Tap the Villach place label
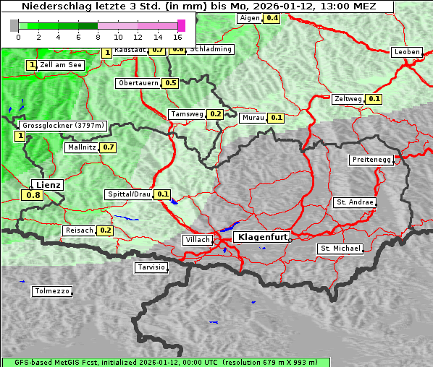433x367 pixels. tap(197, 239)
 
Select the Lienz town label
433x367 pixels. tap(48, 185)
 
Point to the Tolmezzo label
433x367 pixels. tap(52, 292)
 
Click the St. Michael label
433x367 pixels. tap(340, 249)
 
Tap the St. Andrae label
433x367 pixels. tap(354, 202)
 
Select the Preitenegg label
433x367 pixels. tap(371, 160)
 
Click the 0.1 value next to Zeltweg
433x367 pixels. tap(374, 99)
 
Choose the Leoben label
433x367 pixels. tap(406, 52)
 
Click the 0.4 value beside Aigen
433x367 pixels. tap(272, 17)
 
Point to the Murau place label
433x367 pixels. tap(253, 117)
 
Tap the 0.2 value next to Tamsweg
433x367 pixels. tap(215, 114)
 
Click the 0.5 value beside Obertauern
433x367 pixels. tap(170, 83)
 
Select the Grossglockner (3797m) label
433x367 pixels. tap(64, 126)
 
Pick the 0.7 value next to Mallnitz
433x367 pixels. tap(109, 147)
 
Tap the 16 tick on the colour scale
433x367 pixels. tap(177, 36)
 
